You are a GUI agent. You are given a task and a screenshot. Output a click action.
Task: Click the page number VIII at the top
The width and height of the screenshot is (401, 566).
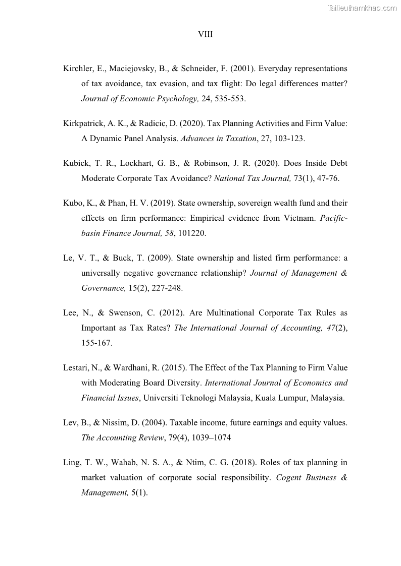205,34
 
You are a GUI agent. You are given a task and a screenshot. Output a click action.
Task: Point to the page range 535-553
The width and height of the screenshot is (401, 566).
229,99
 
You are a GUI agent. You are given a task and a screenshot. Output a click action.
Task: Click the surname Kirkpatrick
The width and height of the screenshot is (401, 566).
84,123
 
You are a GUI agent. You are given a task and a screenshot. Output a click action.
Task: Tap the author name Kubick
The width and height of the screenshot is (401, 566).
76,163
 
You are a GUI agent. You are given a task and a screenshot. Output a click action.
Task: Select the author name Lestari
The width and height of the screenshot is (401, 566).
77,368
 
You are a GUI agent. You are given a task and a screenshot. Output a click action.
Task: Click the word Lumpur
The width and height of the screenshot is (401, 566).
290,398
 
